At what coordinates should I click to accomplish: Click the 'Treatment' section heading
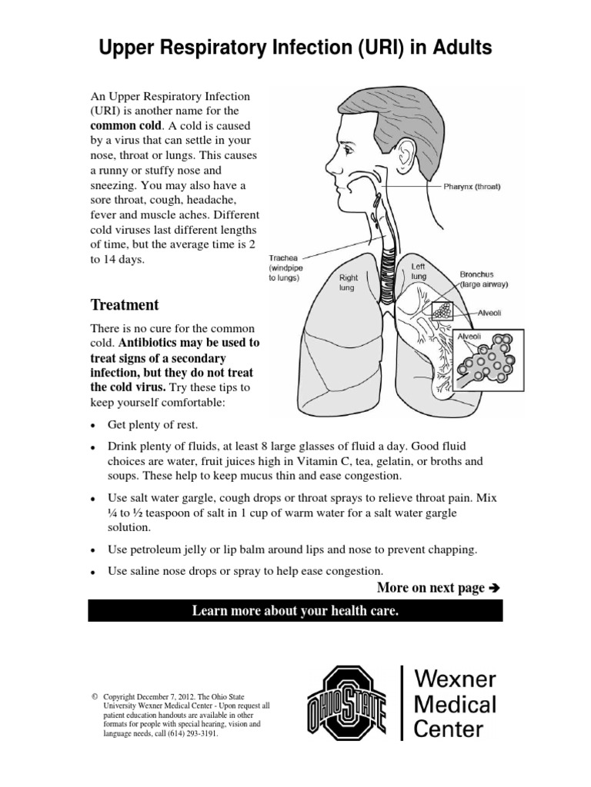[125, 304]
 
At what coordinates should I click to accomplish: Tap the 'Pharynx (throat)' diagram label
[472, 186]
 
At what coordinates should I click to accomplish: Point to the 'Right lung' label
[349, 282]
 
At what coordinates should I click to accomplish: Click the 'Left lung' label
[419, 271]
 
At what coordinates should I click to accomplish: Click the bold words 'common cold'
[126, 125]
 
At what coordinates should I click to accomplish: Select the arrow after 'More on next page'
[495, 588]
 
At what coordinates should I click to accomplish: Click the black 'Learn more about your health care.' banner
[295, 611]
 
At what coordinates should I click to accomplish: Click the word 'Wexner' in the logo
[455, 679]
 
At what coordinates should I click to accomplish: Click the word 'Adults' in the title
[455, 49]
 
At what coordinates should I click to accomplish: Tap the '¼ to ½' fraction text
[128, 513]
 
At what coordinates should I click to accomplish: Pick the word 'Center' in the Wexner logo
[450, 729]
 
